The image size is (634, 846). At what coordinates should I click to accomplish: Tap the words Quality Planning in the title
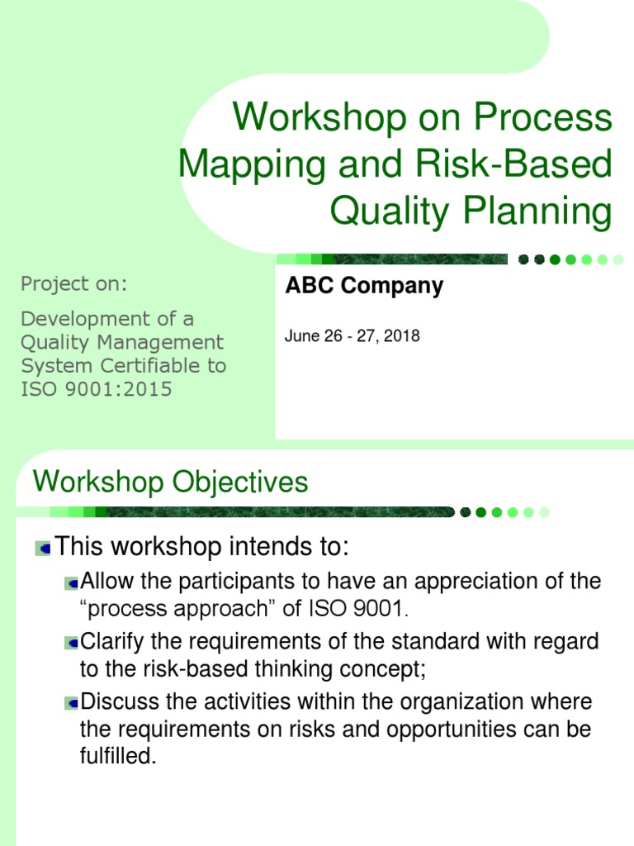(x=471, y=211)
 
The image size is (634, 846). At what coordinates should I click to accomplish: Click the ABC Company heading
(x=364, y=286)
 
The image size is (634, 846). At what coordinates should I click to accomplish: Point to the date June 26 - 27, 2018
(x=352, y=336)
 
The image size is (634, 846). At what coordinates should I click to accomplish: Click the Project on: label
(x=74, y=284)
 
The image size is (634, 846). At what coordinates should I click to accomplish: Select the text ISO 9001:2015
(x=97, y=389)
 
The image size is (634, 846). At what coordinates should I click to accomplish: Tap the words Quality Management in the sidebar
(x=121, y=341)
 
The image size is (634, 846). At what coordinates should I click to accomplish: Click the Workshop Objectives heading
(x=170, y=482)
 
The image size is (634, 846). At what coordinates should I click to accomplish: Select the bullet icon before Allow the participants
(x=72, y=582)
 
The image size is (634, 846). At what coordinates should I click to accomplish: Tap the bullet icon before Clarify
(x=72, y=642)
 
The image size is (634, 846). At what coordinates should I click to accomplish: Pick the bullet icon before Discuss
(x=72, y=703)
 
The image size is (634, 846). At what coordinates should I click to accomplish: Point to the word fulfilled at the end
(x=118, y=756)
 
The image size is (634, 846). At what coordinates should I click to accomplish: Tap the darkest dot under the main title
(x=524, y=259)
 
